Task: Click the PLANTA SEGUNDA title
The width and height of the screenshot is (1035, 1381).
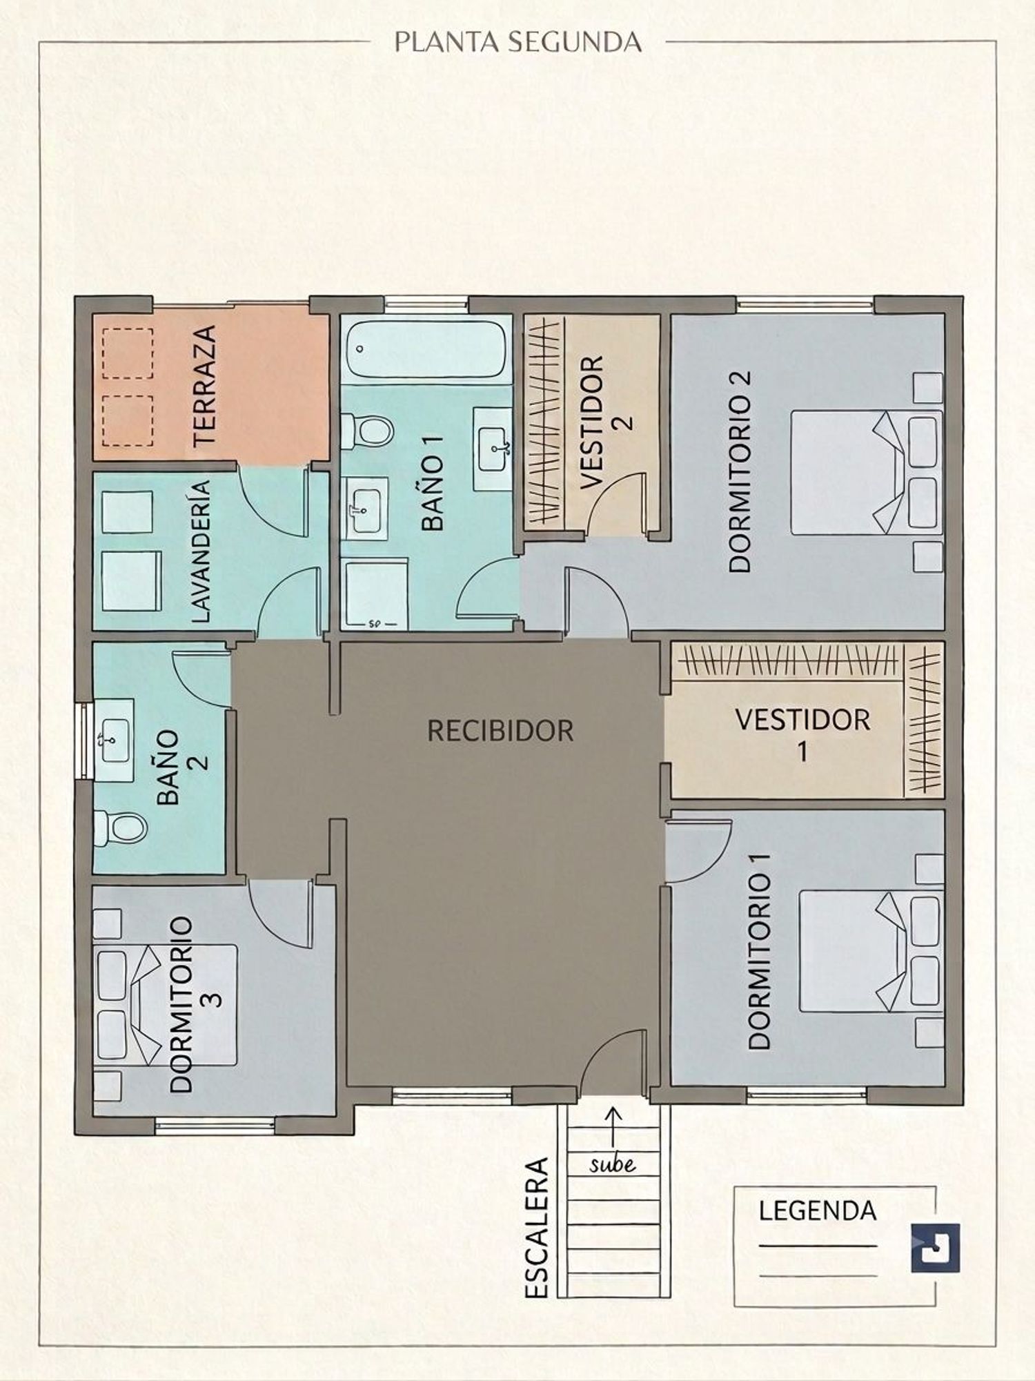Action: click(x=517, y=42)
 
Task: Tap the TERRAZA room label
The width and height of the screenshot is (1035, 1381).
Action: click(x=206, y=386)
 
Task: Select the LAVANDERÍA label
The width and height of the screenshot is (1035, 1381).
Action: click(x=199, y=552)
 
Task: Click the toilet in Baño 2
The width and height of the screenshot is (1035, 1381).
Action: click(x=120, y=827)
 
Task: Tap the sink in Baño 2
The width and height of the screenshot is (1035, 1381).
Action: click(x=114, y=740)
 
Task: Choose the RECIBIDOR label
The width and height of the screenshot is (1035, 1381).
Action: click(x=500, y=730)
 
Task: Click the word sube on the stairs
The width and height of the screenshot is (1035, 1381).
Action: click(x=612, y=1164)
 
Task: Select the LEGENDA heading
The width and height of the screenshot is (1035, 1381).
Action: click(x=818, y=1211)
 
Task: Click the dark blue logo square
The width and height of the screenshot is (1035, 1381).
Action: click(x=935, y=1247)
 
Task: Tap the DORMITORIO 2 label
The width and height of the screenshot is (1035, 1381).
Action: click(x=740, y=472)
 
